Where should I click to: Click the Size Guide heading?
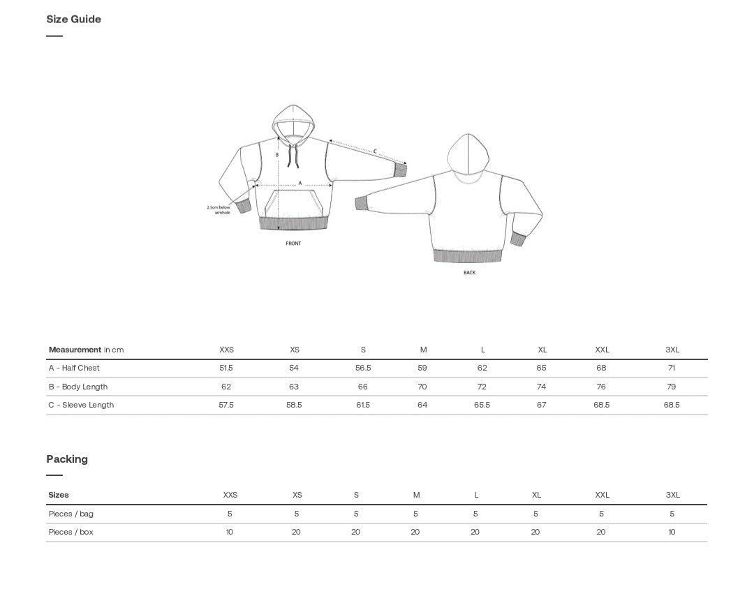pyautogui.click(x=73, y=20)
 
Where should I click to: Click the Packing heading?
pyautogui.click(x=67, y=459)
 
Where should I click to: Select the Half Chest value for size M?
pyautogui.click(x=422, y=368)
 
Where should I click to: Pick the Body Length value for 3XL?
pyautogui.click(x=672, y=387)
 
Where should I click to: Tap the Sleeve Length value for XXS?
pyautogui.click(x=226, y=405)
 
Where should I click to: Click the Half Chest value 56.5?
pyautogui.click(x=363, y=368)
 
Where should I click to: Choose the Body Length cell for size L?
pyautogui.click(x=482, y=387)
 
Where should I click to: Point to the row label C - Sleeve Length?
pyautogui.click(x=81, y=405)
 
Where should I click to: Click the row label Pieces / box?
pyautogui.click(x=71, y=532)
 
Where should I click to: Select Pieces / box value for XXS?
pyautogui.click(x=230, y=532)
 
